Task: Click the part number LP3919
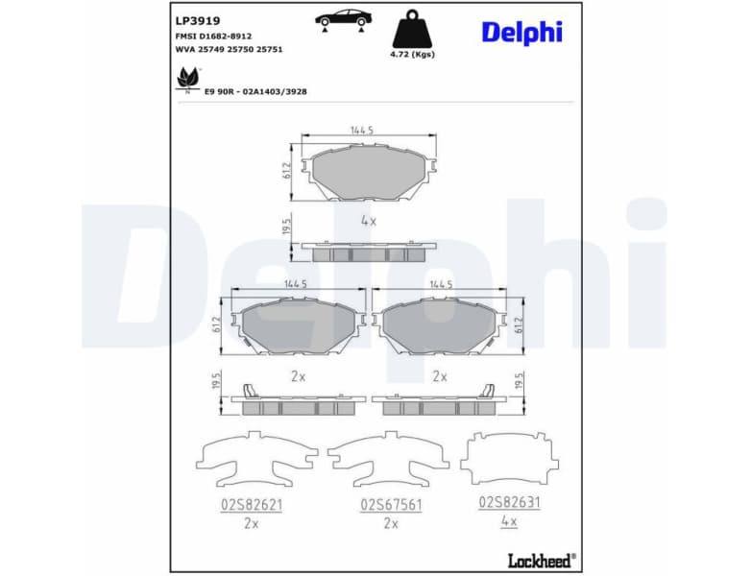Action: click(x=198, y=19)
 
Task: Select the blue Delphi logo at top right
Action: click(x=521, y=32)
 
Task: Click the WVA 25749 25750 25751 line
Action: click(x=229, y=48)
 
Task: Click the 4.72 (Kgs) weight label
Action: click(x=412, y=55)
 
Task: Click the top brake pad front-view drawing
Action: click(x=369, y=173)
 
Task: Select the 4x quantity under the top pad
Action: click(x=367, y=220)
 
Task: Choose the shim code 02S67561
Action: click(x=391, y=503)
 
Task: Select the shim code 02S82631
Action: click(x=509, y=502)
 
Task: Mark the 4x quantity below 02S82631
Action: click(x=509, y=521)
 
